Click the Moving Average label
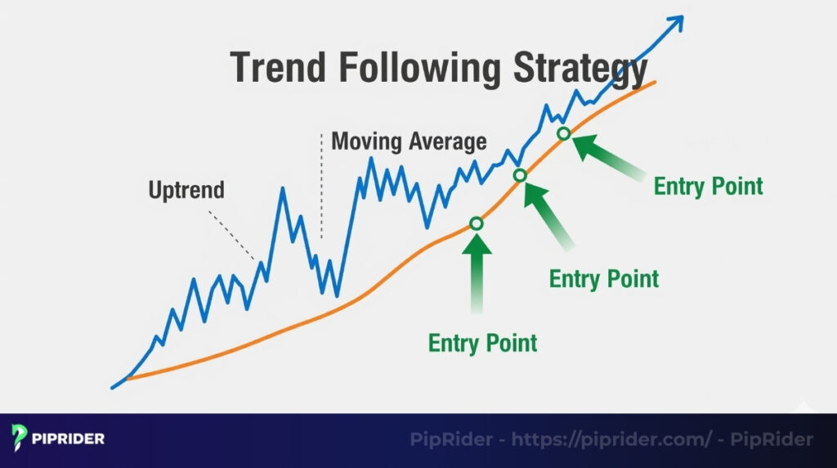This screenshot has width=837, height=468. [408, 141]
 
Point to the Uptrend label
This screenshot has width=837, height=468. [186, 190]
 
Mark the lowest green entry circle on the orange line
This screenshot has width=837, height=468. [477, 223]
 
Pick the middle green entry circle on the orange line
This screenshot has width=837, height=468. [520, 175]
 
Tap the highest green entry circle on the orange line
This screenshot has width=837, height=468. [563, 133]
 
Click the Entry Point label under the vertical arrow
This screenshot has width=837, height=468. [482, 341]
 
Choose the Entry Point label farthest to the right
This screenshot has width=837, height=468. [708, 186]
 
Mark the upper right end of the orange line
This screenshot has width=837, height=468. [653, 83]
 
